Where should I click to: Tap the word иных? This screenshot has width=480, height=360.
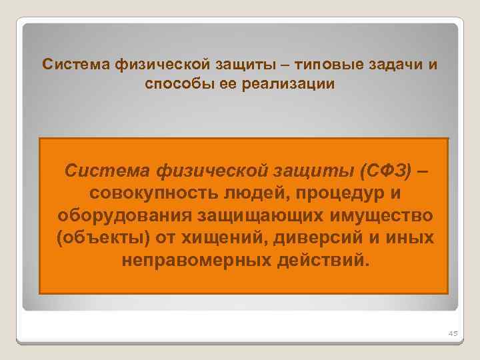[x=412, y=238]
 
